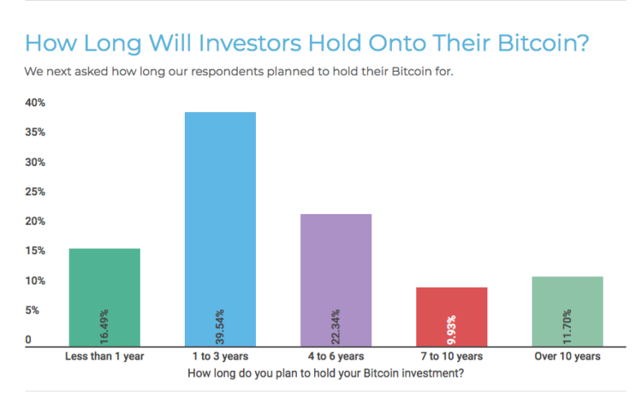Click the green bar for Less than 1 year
tap(105, 297)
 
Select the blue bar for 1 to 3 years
tap(220, 230)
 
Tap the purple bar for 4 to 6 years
tap(336, 280)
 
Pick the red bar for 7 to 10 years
tap(451, 317)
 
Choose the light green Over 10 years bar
tap(568, 311)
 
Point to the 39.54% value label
tap(220, 327)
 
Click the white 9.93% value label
tap(451, 329)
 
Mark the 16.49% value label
tap(104, 327)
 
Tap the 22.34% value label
tap(336, 327)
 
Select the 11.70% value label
tap(567, 327)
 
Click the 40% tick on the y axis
tap(35, 103)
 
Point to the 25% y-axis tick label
tap(35, 191)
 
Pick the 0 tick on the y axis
tap(29, 339)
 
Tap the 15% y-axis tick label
tap(35, 251)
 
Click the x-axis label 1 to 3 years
tap(220, 356)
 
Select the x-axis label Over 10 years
tap(568, 356)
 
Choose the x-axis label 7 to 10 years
tap(451, 356)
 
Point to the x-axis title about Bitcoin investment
tap(325, 373)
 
